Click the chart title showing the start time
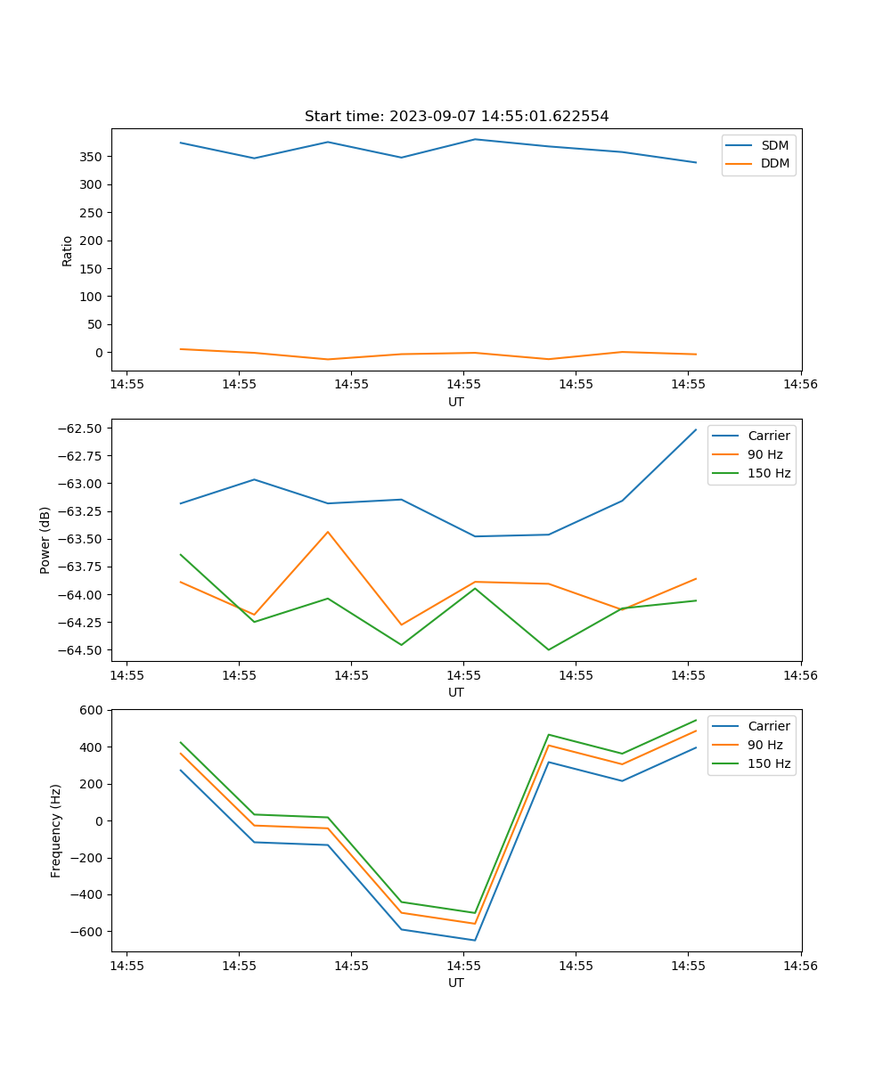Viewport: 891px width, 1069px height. click(456, 117)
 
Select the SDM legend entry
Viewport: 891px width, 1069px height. click(774, 145)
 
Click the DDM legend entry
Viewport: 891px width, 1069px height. click(774, 163)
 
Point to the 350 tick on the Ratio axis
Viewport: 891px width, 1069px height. click(92, 157)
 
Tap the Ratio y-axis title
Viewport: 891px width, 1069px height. click(68, 250)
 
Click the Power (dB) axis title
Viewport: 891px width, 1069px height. click(45, 540)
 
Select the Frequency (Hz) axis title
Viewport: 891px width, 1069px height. click(56, 830)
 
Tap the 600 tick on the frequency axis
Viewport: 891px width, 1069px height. click(92, 710)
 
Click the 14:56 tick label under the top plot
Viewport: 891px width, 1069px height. click(800, 385)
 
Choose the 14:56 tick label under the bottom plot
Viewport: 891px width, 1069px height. click(800, 966)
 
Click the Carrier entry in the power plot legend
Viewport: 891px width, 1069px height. click(768, 436)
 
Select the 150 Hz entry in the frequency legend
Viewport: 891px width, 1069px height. click(769, 763)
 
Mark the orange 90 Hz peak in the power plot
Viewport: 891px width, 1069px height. click(328, 532)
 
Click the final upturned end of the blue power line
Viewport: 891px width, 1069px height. click(696, 429)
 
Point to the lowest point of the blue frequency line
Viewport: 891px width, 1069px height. click(475, 940)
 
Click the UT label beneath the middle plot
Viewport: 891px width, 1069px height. click(456, 692)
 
